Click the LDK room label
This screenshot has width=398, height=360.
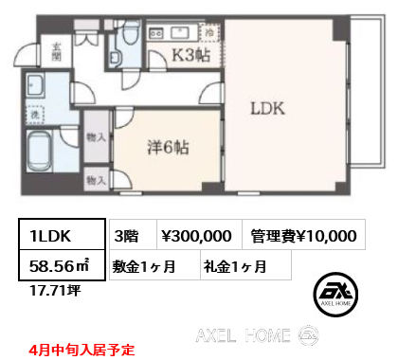tap(267, 107)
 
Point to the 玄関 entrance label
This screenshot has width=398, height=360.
tap(57, 51)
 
